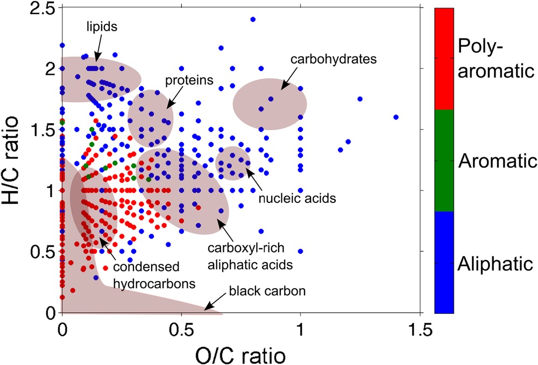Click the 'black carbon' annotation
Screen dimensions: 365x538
267,292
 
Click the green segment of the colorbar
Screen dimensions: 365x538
444,160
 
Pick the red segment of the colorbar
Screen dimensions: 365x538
444,59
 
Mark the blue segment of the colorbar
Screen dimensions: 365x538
444,262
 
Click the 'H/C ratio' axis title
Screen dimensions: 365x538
17,160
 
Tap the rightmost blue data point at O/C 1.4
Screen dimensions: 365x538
396,117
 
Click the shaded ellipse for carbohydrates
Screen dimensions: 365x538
270,104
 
